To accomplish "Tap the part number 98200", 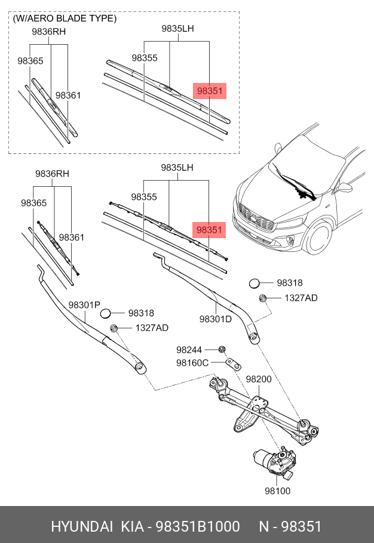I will click(259, 379).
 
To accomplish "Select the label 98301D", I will click(216, 319).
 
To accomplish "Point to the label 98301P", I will click(84, 305).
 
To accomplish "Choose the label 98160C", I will click(192, 362).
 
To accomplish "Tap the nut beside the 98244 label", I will click(221, 349).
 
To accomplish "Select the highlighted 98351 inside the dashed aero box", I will click(210, 91).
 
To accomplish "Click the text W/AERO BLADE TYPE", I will click(65, 18).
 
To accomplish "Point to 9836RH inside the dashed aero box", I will click(49, 31).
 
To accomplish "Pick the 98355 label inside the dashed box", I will click(145, 58).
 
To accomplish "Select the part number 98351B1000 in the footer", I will click(198, 526).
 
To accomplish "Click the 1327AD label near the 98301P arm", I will click(152, 328).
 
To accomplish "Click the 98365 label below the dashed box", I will click(33, 203).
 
